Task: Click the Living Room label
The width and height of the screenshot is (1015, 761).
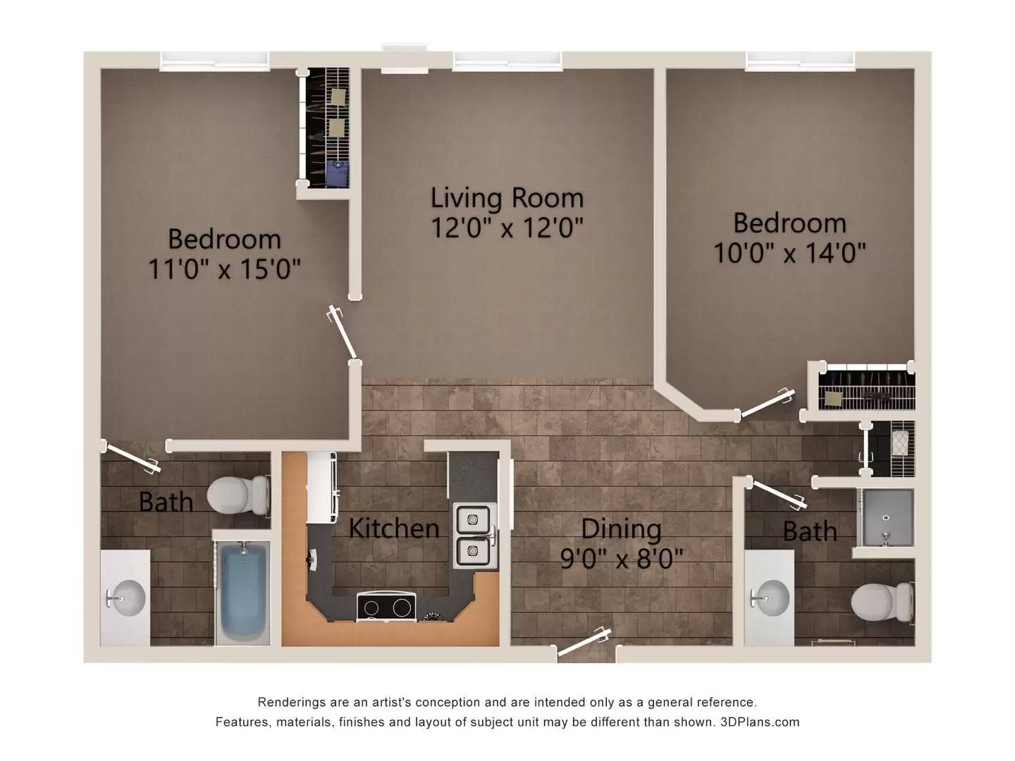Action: [507, 198]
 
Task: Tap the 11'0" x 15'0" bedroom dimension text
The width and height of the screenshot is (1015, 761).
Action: [224, 269]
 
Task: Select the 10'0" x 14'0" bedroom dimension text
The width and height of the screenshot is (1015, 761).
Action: [789, 252]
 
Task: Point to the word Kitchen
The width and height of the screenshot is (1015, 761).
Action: [394, 528]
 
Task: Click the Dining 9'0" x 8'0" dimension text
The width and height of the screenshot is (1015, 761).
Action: [621, 559]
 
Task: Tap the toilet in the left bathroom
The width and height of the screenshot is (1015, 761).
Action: [239, 494]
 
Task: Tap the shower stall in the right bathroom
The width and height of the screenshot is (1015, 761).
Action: [886, 518]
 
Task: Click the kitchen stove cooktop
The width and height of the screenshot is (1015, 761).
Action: [386, 607]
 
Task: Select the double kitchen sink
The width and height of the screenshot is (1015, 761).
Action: [473, 536]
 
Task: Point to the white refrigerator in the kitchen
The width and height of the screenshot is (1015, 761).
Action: [321, 486]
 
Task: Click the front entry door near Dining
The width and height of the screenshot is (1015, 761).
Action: [584, 643]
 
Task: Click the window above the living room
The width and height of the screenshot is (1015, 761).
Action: [507, 61]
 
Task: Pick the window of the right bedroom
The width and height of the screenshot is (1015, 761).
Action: [800, 61]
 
